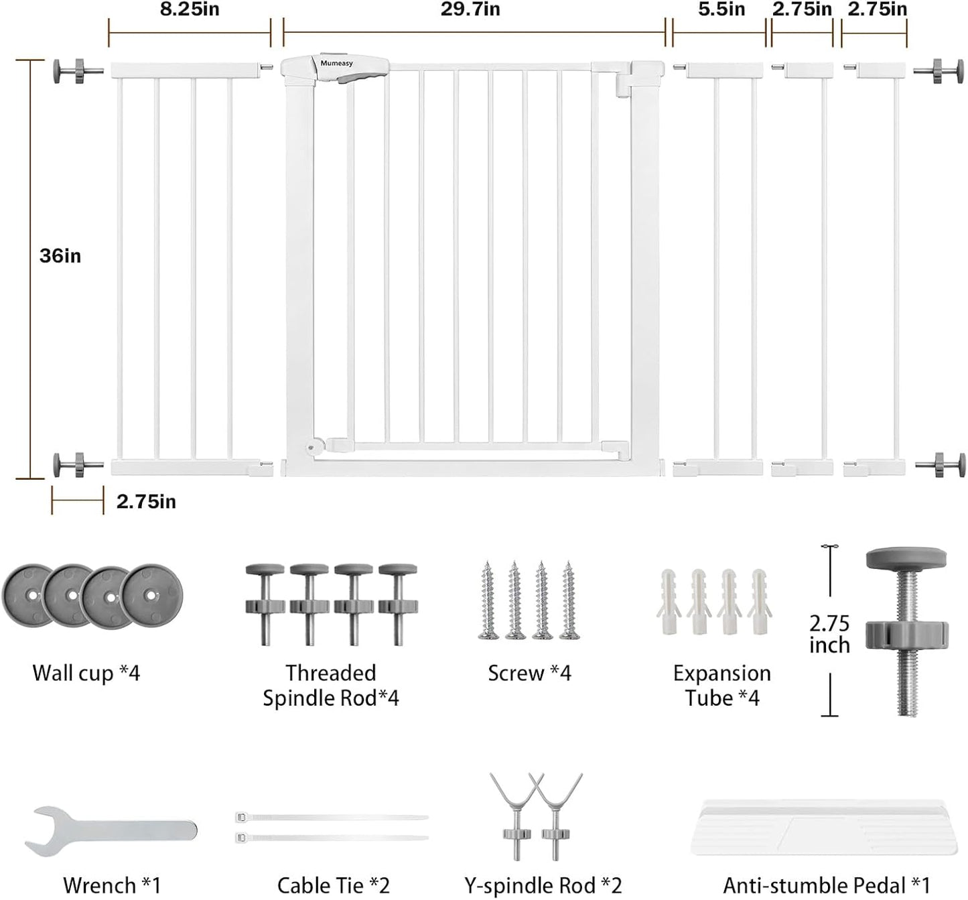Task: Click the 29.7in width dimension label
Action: pyautogui.click(x=470, y=10)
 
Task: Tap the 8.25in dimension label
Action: pyautogui.click(x=190, y=10)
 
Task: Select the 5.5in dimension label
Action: pyautogui.click(x=721, y=10)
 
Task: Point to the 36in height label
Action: pyautogui.click(x=60, y=256)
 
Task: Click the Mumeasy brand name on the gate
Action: pyautogui.click(x=336, y=64)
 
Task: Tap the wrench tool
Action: pyautogui.click(x=111, y=831)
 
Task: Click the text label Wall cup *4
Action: pyautogui.click(x=86, y=673)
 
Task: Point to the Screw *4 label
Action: pyautogui.click(x=529, y=673)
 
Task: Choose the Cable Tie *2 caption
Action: pyautogui.click(x=334, y=885)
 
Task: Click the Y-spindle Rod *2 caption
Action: pyautogui.click(x=543, y=885)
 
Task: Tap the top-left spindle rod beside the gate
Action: pyautogui.click(x=78, y=72)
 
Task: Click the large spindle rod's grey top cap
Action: pyautogui.click(x=906, y=558)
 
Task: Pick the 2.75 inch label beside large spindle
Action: pyautogui.click(x=829, y=634)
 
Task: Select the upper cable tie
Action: pyautogui.click(x=332, y=817)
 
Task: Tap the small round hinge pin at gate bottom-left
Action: pyautogui.click(x=310, y=446)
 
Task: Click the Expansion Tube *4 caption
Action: pyautogui.click(x=722, y=686)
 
